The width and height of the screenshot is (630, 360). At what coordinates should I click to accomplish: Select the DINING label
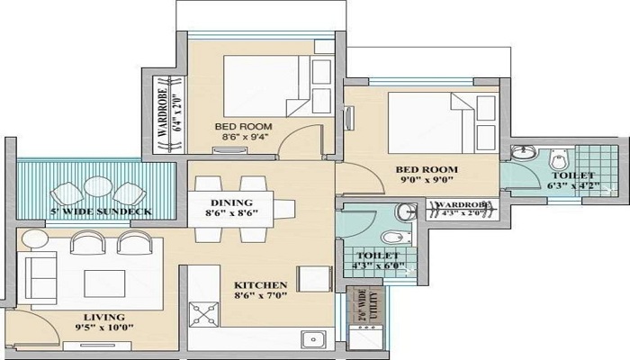click(x=231, y=202)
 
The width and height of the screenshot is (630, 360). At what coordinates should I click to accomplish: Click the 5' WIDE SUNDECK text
click(x=101, y=211)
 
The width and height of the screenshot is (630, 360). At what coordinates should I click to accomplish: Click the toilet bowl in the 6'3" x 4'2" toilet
click(x=560, y=160)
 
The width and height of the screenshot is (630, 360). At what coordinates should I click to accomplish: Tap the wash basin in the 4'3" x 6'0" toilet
click(x=408, y=211)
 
